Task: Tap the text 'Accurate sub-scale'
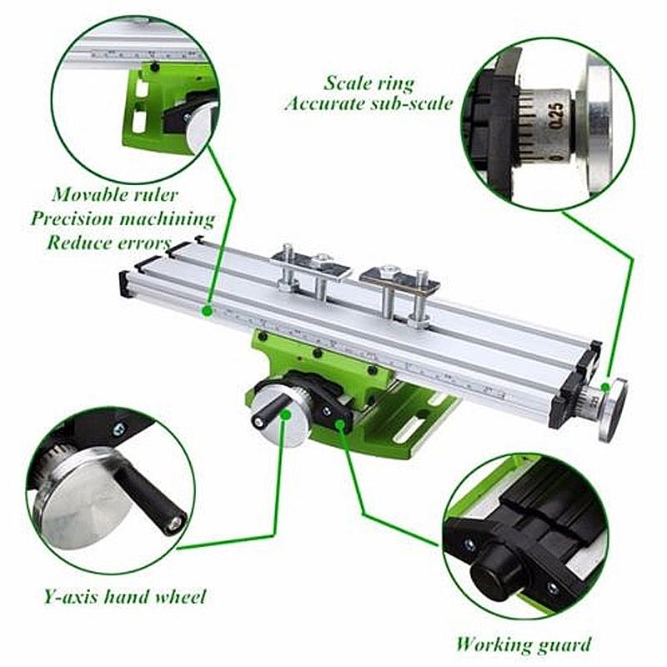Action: pyautogui.click(x=369, y=103)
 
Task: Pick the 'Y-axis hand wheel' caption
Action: pyautogui.click(x=125, y=596)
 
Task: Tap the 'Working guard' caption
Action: pyautogui.click(x=524, y=644)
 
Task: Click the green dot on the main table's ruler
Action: pyautogui.click(x=206, y=310)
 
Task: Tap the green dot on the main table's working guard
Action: pyautogui.click(x=340, y=424)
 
